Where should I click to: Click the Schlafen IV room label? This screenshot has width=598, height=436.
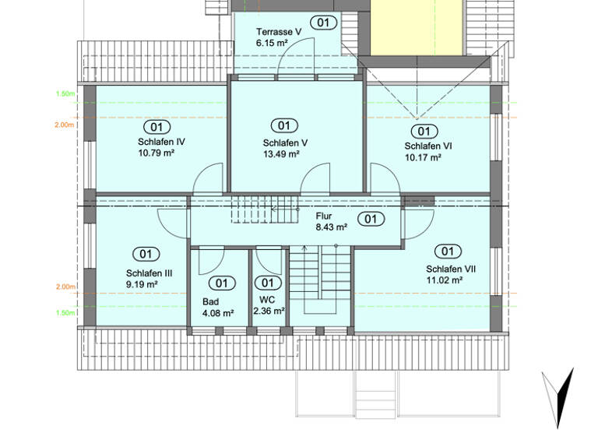(x=160, y=142)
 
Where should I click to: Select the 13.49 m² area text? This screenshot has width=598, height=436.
(x=281, y=154)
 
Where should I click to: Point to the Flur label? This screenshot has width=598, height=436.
(x=324, y=216)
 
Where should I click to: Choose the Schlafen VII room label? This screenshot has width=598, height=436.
(x=451, y=269)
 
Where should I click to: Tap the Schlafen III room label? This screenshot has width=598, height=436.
(x=149, y=273)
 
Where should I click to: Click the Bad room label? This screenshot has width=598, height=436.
(x=211, y=301)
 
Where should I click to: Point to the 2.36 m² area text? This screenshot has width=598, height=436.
(x=269, y=311)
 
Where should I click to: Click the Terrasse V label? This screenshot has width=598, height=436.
(x=279, y=32)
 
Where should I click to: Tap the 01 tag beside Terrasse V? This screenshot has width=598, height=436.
(x=322, y=22)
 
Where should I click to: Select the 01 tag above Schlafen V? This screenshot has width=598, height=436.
(x=283, y=125)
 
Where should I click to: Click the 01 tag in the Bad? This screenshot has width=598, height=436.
(x=222, y=283)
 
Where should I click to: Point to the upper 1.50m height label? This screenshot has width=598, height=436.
(x=65, y=94)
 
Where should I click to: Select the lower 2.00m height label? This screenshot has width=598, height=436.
(x=65, y=287)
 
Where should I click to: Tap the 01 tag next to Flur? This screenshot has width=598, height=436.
(x=371, y=219)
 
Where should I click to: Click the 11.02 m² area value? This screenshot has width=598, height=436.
(x=445, y=280)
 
